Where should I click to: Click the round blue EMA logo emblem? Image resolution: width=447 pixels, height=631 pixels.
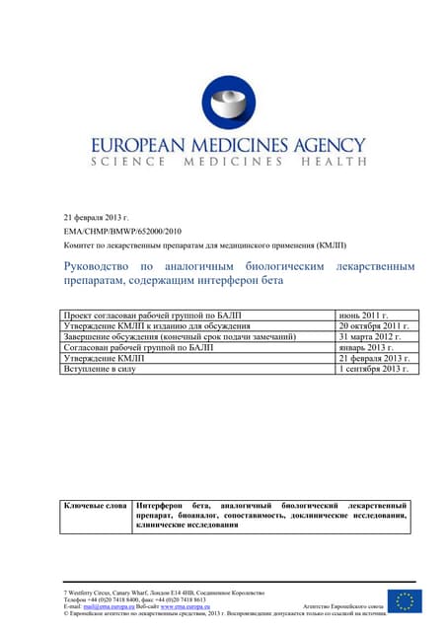click(x=228, y=103)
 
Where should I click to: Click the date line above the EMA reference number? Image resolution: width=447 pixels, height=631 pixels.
click(x=96, y=216)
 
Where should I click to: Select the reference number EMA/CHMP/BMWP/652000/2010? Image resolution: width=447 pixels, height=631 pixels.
click(x=125, y=230)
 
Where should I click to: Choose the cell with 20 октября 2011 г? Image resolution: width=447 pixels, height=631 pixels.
click(x=373, y=326)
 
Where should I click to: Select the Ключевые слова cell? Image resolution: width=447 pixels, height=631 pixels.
click(x=96, y=505)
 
